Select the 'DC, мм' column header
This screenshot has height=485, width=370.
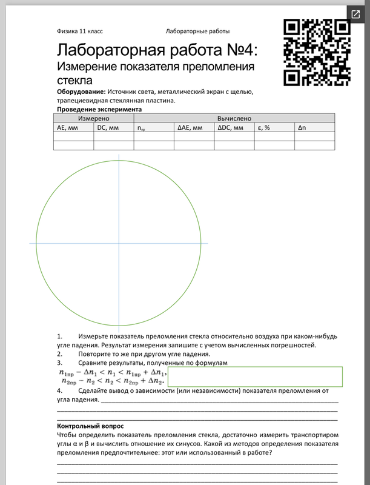108,128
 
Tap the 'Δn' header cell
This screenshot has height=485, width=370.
303,128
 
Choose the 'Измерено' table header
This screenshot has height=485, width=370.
93,119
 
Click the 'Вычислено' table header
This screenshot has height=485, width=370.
234,119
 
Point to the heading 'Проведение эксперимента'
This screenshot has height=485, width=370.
99,109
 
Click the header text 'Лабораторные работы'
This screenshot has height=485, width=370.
197,32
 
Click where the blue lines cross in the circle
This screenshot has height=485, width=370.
119,244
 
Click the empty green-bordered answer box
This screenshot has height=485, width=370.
255,376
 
